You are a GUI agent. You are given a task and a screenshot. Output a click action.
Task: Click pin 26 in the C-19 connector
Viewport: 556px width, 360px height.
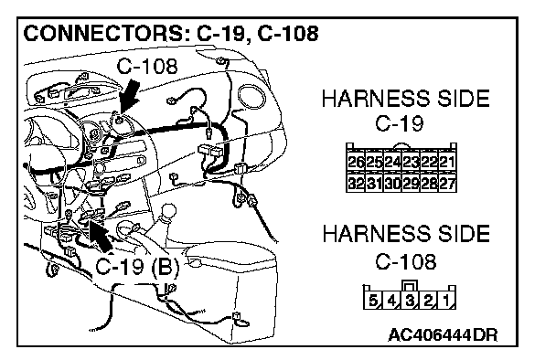pyautogui.click(x=356, y=163)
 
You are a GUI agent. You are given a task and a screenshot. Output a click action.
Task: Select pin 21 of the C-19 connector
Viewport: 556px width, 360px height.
pyautogui.click(x=447, y=163)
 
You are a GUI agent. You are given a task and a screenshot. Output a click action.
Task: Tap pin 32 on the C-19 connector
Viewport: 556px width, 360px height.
pyautogui.click(x=356, y=183)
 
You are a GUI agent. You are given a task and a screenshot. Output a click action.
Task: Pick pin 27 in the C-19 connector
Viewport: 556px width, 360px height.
pyautogui.click(x=447, y=183)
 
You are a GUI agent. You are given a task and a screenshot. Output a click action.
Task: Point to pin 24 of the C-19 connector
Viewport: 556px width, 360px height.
pyautogui.click(x=392, y=163)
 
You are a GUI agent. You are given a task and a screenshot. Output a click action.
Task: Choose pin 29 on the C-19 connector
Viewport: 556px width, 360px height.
pyautogui.click(x=411, y=183)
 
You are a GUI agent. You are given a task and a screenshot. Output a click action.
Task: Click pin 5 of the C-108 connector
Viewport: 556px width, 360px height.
pyautogui.click(x=373, y=301)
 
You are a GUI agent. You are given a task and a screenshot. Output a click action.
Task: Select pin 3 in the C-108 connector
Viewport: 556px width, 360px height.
pyautogui.click(x=410, y=301)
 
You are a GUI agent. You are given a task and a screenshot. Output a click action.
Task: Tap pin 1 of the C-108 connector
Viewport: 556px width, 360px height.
pyautogui.click(x=446, y=301)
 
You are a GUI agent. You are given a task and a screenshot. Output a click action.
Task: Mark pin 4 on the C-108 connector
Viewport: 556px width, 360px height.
pyautogui.click(x=391, y=301)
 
